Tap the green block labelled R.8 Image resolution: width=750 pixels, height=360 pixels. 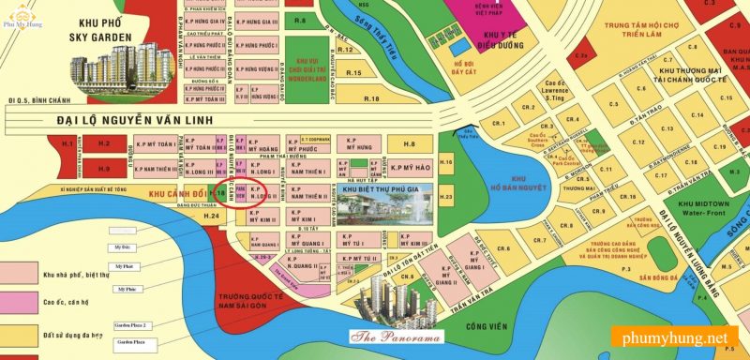[299, 20]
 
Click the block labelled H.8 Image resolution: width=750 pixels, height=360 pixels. [409, 144]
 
